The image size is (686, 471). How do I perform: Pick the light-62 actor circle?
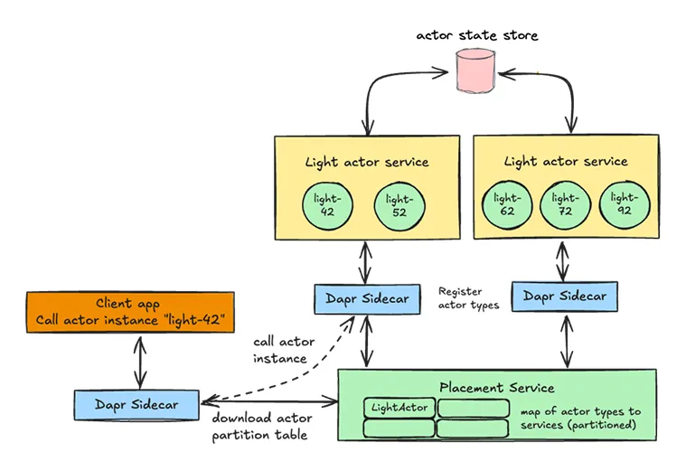click(507, 204)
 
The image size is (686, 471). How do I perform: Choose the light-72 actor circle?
click(565, 204)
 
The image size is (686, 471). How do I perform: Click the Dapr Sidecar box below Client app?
click(136, 404)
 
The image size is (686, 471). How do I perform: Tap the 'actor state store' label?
click(476, 35)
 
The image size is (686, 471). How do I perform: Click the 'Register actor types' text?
click(468, 298)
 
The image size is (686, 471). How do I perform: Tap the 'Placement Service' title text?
click(496, 388)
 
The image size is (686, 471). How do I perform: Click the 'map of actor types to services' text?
click(578, 418)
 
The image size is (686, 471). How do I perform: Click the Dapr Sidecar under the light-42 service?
click(366, 299)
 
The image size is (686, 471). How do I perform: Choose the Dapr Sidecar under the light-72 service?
click(565, 296)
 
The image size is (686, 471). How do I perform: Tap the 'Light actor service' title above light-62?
click(565, 162)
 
